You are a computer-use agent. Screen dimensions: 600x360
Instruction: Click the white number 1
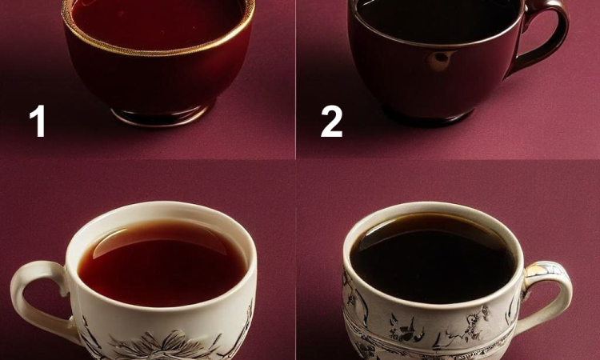[x=38, y=121]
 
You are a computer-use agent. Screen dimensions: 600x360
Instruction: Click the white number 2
[x=331, y=121]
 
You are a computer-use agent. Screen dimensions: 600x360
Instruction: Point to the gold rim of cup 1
[x=158, y=52]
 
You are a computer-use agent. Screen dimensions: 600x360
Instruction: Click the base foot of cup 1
[x=161, y=117]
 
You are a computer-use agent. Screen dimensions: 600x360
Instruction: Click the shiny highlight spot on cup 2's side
[x=442, y=58]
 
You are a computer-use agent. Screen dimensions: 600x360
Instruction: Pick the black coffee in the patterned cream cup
[x=432, y=260]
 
